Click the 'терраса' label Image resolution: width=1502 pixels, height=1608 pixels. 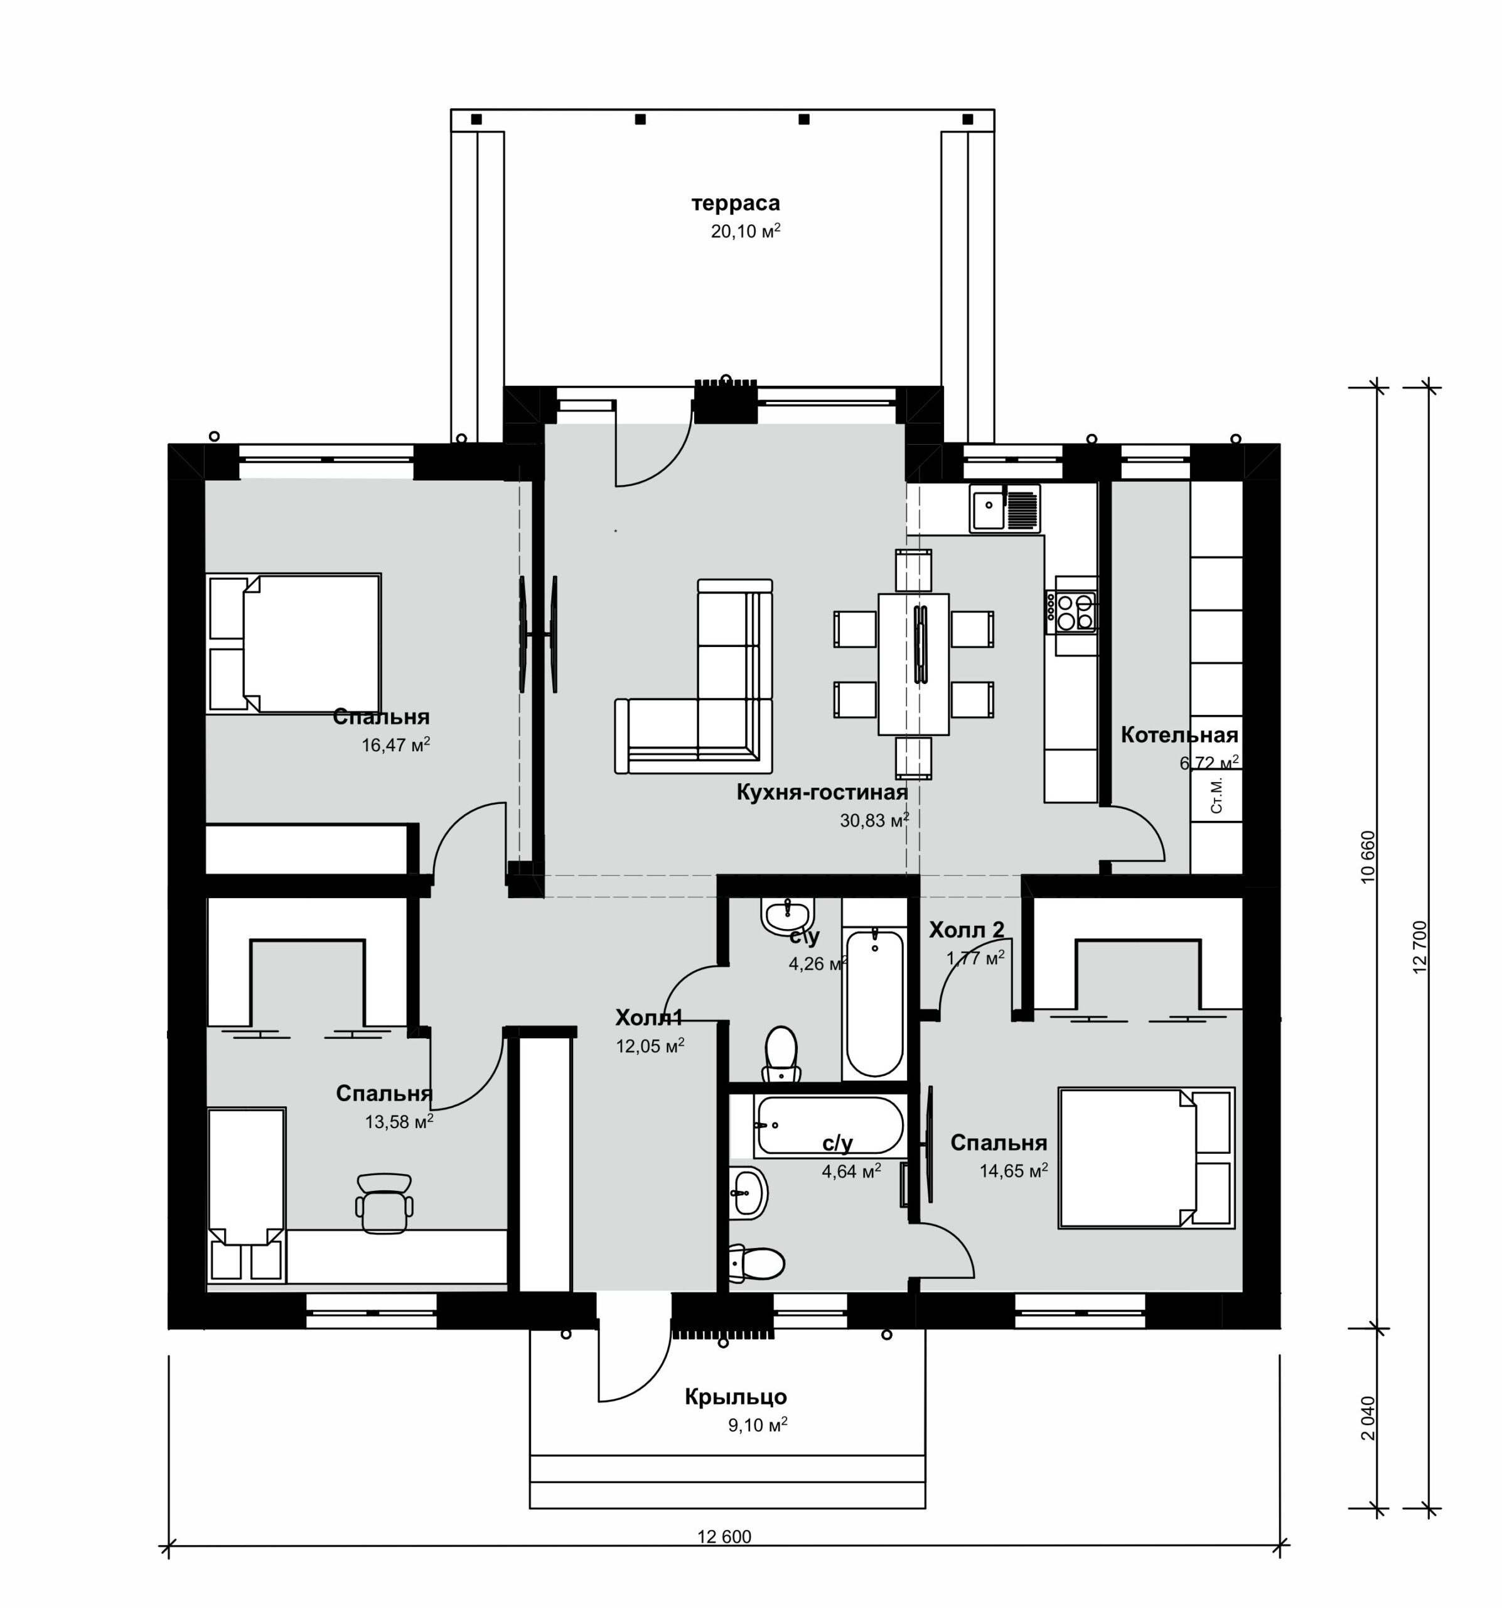click(735, 203)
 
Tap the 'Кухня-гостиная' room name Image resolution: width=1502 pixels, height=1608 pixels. click(822, 792)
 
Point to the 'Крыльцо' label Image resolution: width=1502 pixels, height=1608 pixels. click(736, 1397)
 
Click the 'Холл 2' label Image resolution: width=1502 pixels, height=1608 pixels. click(966, 930)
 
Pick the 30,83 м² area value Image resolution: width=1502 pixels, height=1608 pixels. click(874, 820)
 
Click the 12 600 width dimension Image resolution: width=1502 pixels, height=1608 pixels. click(724, 1537)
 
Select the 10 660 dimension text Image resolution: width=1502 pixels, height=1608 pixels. click(1368, 857)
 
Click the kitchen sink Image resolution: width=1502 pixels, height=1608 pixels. click(1005, 508)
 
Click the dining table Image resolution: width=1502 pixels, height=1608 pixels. click(913, 663)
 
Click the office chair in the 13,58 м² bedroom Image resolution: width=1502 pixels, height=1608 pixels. click(384, 1203)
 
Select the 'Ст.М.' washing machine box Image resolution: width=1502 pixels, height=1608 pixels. click(1216, 796)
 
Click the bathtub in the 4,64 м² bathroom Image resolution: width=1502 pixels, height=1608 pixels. click(829, 1126)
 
